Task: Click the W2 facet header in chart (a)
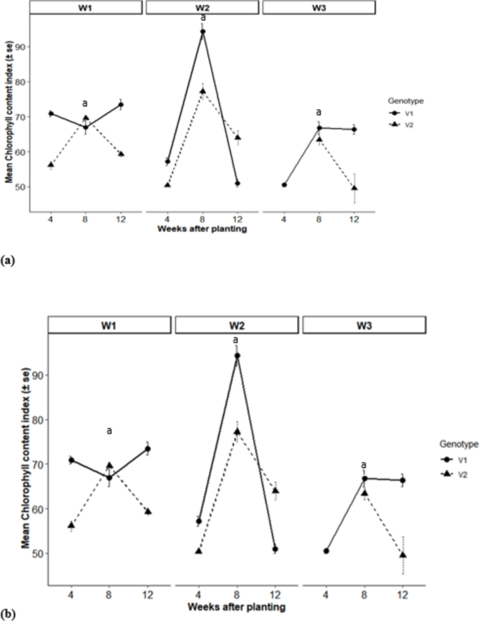coord(202,8)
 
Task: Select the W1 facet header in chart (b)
coord(109,325)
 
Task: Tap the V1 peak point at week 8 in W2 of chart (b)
coord(237,356)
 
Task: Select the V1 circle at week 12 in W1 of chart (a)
coord(121,104)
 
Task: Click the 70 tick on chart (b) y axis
coord(36,464)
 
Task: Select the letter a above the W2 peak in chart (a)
coord(203,18)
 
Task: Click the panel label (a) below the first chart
coord(8,259)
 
